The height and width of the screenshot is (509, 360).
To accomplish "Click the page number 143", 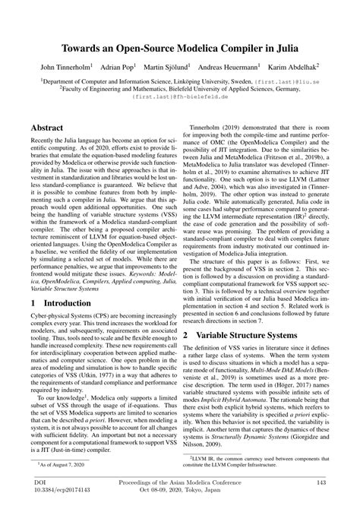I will pos(321,482).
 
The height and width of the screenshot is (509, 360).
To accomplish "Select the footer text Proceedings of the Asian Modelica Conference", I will pos(180,482).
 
